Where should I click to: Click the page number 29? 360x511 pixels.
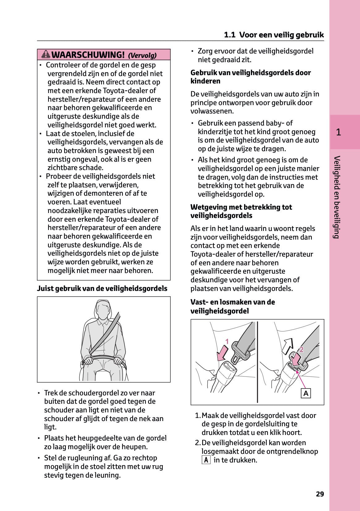(320, 494)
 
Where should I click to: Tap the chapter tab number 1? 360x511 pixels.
(338, 132)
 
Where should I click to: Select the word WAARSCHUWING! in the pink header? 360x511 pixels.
(88, 55)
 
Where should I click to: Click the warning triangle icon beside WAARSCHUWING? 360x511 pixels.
(46, 54)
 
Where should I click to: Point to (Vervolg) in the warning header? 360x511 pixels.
(142, 56)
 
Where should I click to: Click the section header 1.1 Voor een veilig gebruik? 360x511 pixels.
(274, 35)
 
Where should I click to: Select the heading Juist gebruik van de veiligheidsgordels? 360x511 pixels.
(102, 288)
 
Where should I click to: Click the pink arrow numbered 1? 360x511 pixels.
(223, 352)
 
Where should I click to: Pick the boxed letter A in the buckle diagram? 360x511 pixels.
(306, 393)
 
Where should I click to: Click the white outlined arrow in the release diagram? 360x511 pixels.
(288, 346)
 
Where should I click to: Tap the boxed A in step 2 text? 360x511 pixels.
(206, 460)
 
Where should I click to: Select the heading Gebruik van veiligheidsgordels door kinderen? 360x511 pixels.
(251, 77)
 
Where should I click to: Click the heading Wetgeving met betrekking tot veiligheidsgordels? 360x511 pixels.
(241, 211)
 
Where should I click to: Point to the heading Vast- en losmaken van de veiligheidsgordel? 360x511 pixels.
(232, 306)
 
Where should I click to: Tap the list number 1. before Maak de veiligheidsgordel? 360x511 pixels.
(198, 415)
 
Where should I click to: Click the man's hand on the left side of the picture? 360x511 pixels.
(88, 360)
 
